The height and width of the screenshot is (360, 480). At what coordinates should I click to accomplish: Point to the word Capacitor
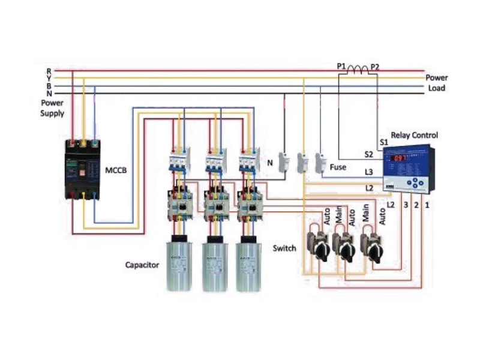coord(142,265)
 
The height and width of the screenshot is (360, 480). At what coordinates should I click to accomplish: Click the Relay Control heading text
coord(414,136)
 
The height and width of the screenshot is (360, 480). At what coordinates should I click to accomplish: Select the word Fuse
coord(338,167)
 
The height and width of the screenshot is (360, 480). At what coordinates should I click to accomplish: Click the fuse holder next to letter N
coord(285,163)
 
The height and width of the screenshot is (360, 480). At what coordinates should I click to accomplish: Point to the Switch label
coord(284,248)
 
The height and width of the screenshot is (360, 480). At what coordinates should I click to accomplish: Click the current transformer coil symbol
coord(359,71)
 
